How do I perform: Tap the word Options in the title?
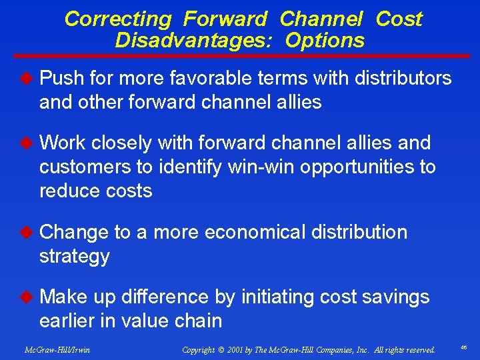(x=325, y=41)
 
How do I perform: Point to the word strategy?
(x=74, y=257)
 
